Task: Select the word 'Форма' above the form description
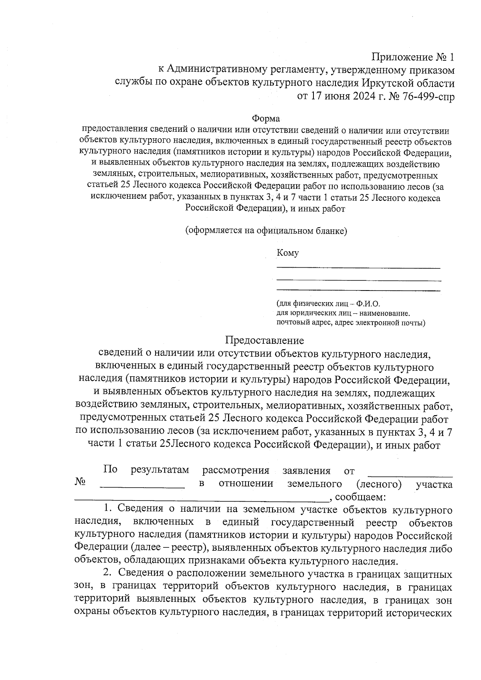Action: tap(266, 119)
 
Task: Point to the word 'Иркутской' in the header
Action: tap(388, 83)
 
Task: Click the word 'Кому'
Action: tap(287, 253)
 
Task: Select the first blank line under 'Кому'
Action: tap(358, 267)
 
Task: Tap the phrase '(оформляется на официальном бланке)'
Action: tap(266, 231)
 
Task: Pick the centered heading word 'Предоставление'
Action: tap(265, 341)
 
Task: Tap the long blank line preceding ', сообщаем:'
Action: tap(202, 500)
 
